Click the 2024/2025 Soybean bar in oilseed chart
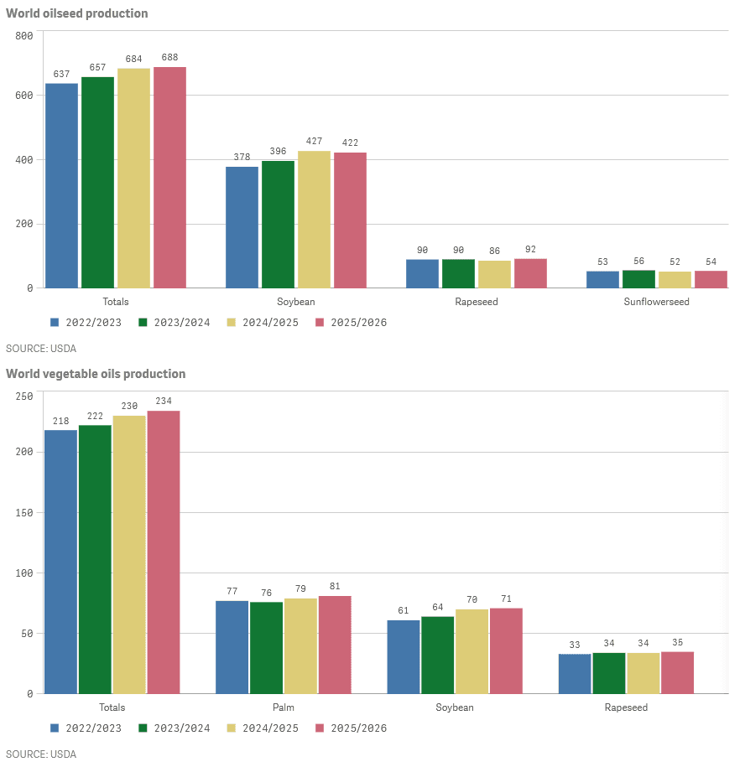point(314,220)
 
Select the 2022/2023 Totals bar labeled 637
point(61,185)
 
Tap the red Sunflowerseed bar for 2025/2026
point(711,279)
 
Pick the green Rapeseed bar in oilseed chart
point(458,273)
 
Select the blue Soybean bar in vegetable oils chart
point(404,656)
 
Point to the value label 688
point(169,57)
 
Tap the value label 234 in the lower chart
point(163,401)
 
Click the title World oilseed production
point(77,13)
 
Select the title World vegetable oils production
point(96,374)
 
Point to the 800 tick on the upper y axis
point(23,35)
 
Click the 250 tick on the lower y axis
point(23,396)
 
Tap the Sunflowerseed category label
point(656,301)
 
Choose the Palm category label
point(283,707)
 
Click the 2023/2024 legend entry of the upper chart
point(174,322)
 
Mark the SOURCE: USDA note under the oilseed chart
point(41,348)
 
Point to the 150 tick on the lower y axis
point(23,512)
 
